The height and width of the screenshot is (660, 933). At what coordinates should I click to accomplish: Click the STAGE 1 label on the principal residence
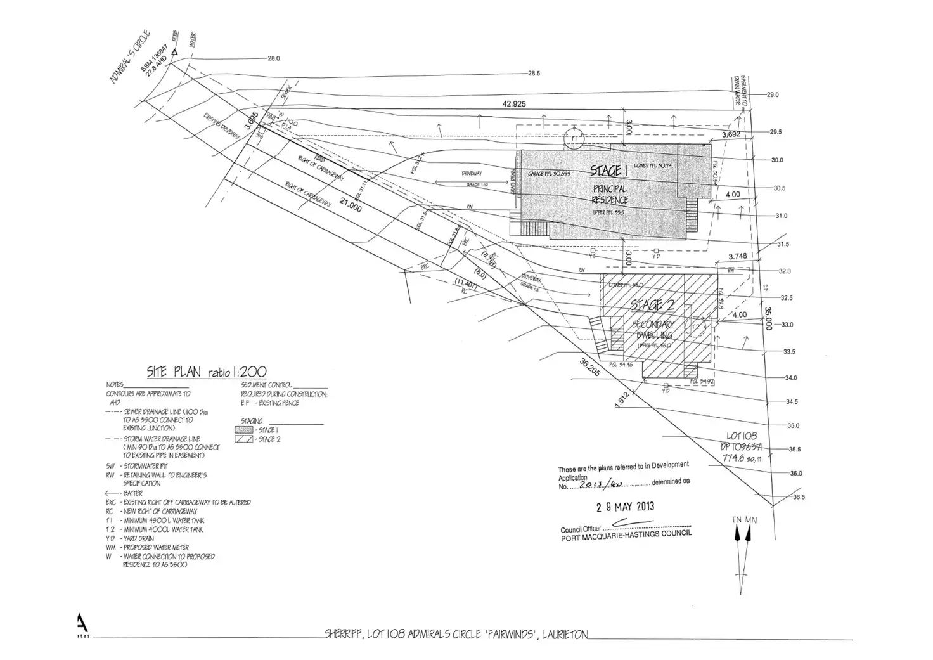[x=609, y=171]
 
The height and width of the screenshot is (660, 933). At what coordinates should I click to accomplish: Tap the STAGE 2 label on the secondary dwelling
[x=652, y=305]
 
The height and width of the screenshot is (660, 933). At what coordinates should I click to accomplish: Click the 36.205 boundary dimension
[x=589, y=370]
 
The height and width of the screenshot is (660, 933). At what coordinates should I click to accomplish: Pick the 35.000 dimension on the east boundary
[x=768, y=319]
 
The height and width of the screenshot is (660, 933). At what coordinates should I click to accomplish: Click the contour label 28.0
[x=274, y=58]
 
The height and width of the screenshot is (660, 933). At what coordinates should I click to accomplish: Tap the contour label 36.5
[x=799, y=497]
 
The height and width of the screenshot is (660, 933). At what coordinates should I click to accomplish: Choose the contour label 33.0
[x=787, y=325]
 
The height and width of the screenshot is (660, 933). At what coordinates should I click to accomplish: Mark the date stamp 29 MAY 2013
[x=625, y=507]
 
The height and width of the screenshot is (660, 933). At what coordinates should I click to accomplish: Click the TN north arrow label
[x=736, y=520]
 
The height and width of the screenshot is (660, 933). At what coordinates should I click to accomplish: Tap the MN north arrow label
[x=751, y=520]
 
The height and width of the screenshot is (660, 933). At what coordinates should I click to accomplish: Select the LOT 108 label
[x=742, y=436]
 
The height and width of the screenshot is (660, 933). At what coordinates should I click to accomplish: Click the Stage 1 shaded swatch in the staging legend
[x=244, y=430]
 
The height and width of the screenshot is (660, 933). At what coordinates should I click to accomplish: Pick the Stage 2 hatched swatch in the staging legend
[x=244, y=439]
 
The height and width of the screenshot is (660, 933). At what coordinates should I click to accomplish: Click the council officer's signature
[x=627, y=522]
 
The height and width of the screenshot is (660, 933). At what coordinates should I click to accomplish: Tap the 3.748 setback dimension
[x=737, y=256]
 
